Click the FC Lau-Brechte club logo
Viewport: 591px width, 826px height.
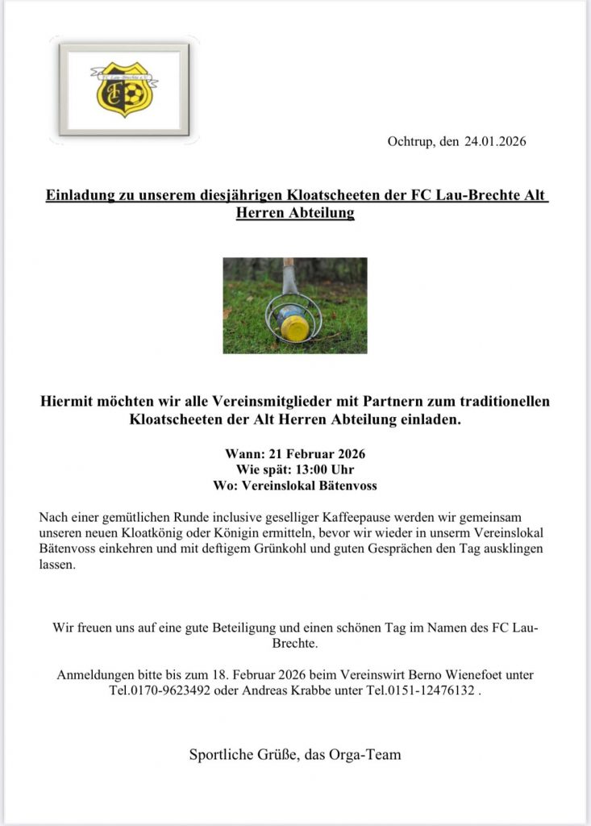pyautogui.click(x=123, y=89)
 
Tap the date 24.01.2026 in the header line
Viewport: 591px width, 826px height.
pyautogui.click(x=495, y=142)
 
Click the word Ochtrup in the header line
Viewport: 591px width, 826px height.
pyautogui.click(x=410, y=142)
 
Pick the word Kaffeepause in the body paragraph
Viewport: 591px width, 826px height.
pyautogui.click(x=313, y=516)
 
